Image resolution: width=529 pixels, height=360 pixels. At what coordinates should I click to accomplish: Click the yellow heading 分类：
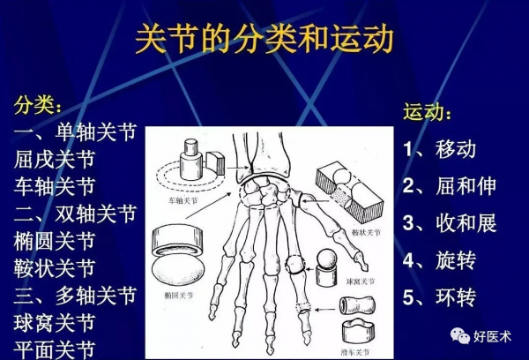click(38, 104)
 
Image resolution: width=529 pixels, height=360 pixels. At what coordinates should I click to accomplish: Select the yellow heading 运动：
click(429, 114)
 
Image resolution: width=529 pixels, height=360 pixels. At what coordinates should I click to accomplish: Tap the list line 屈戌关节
click(55, 160)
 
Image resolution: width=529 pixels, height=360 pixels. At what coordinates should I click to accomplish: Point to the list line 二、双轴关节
click(76, 213)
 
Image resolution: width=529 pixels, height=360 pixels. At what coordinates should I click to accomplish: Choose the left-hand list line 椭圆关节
click(55, 239)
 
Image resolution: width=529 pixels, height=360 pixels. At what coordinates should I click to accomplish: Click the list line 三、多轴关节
click(76, 293)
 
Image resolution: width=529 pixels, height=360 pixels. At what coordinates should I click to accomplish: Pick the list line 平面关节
click(55, 346)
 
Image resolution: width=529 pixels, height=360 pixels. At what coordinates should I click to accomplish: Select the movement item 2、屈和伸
click(450, 185)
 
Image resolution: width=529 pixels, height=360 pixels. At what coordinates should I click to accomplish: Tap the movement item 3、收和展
click(450, 222)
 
